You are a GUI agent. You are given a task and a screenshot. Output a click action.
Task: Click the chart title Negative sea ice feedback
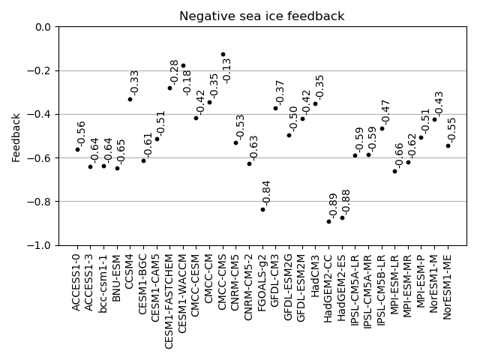pos(262,16)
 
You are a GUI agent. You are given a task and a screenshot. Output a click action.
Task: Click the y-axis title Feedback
pos(16,137)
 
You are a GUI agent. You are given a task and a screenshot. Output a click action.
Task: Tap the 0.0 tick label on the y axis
pos(43,27)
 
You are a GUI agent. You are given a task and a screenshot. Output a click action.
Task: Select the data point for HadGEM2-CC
pos(328,221)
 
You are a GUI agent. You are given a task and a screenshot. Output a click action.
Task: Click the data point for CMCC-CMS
pos(223,54)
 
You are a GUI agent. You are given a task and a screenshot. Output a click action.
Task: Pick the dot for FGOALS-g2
pos(262,209)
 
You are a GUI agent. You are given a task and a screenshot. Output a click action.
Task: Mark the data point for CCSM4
pos(130,99)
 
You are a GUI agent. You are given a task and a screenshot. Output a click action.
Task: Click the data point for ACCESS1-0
pos(77,149)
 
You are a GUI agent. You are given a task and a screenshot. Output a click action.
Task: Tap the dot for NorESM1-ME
pos(448,145)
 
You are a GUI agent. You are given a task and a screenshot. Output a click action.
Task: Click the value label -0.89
pos(334,205)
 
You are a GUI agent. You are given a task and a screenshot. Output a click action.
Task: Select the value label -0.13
pos(227,70)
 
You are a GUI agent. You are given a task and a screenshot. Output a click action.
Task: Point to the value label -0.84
pos(267,193)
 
